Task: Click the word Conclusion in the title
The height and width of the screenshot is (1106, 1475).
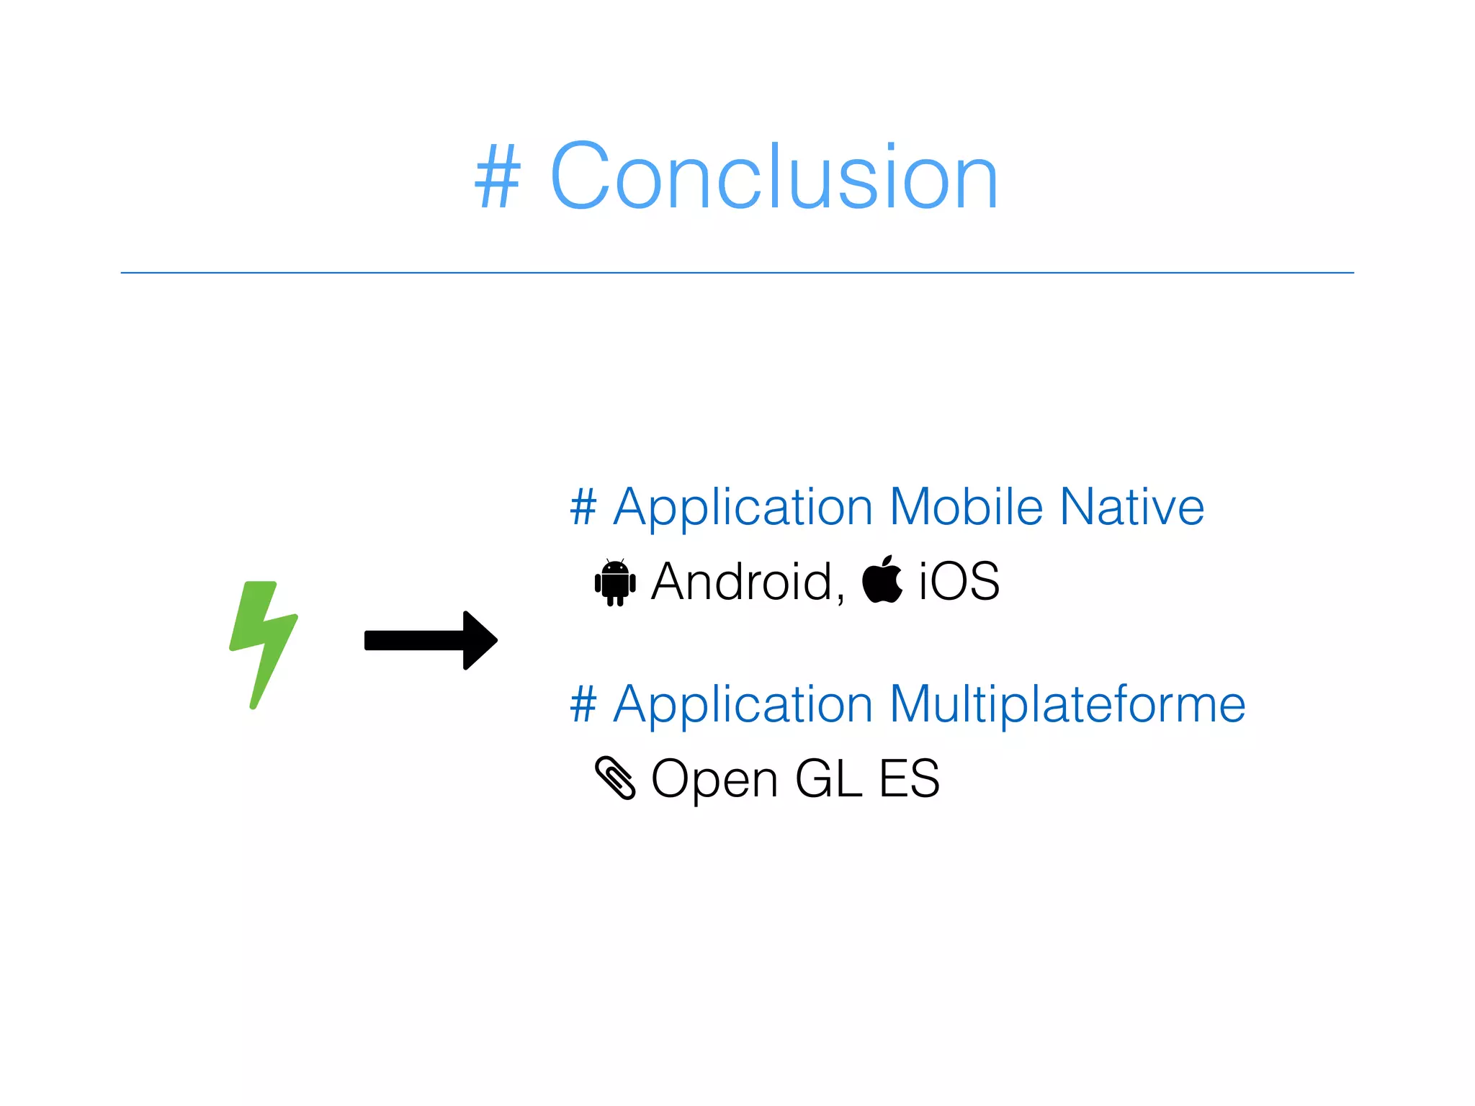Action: [x=774, y=176]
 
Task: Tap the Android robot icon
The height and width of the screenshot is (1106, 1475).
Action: [x=615, y=582]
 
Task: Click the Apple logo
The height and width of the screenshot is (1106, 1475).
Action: [x=882, y=580]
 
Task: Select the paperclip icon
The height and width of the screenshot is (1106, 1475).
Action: [x=615, y=778]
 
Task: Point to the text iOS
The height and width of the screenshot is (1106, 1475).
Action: [x=959, y=581]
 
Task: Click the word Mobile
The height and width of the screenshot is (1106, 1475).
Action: [x=966, y=507]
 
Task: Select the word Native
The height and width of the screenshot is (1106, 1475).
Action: [x=1132, y=507]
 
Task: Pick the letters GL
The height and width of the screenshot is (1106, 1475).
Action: [x=828, y=778]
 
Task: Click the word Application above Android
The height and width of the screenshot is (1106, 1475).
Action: [x=743, y=508]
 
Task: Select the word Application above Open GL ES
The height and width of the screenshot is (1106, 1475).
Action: [x=743, y=706]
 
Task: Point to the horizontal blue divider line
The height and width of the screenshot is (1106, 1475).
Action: [x=737, y=273]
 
